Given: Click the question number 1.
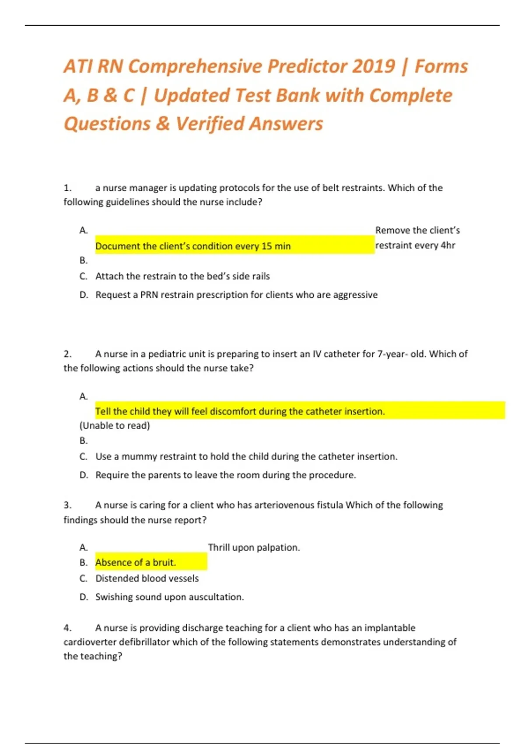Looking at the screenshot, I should [x=67, y=188].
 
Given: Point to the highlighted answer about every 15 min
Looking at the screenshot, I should [x=193, y=246].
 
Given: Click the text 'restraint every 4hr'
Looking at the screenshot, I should [x=415, y=245].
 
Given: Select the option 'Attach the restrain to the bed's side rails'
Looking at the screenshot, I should [x=182, y=276].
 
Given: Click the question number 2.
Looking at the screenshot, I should [x=67, y=354].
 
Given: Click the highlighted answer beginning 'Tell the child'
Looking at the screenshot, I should [x=240, y=411].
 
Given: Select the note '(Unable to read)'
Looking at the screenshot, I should [x=115, y=425].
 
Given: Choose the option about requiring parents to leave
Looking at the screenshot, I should [x=225, y=475].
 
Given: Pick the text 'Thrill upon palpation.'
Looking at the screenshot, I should [x=254, y=547].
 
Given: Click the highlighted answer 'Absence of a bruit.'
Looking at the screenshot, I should [x=136, y=562].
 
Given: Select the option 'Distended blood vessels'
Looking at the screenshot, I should [x=147, y=579].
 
